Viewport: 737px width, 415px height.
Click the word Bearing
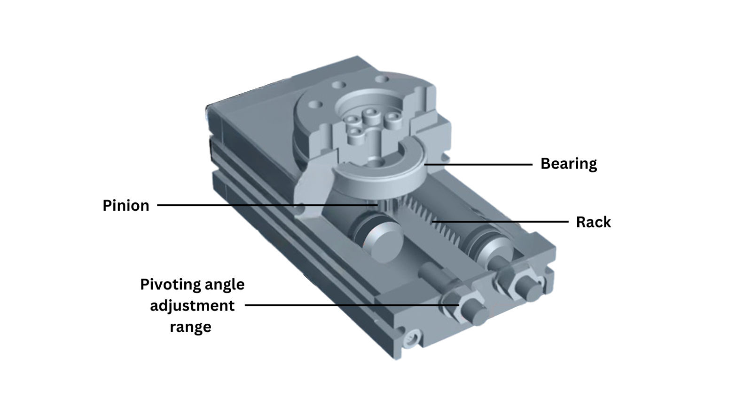click(568, 164)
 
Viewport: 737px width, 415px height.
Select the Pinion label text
click(125, 206)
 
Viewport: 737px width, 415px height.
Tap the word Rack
click(593, 222)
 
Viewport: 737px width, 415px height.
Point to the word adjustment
click(192, 306)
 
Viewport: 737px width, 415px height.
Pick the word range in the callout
click(190, 327)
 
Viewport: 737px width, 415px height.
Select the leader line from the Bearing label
click(479, 164)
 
